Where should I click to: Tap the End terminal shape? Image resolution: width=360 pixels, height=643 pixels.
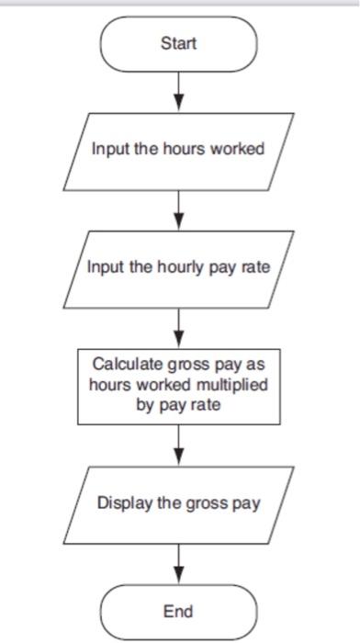pyautogui.click(x=178, y=610)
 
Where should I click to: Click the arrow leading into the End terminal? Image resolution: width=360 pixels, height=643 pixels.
pyautogui.click(x=178, y=563)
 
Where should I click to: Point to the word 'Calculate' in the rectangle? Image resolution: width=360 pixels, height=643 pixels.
pyautogui.click(x=131, y=365)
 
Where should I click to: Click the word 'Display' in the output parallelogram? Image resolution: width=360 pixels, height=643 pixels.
pyautogui.click(x=125, y=503)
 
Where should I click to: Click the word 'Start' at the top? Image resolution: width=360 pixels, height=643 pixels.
pyautogui.click(x=178, y=44)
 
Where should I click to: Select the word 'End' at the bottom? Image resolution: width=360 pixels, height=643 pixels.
pyautogui.click(x=178, y=610)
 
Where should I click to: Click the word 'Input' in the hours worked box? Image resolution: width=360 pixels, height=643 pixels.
pyautogui.click(x=108, y=149)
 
